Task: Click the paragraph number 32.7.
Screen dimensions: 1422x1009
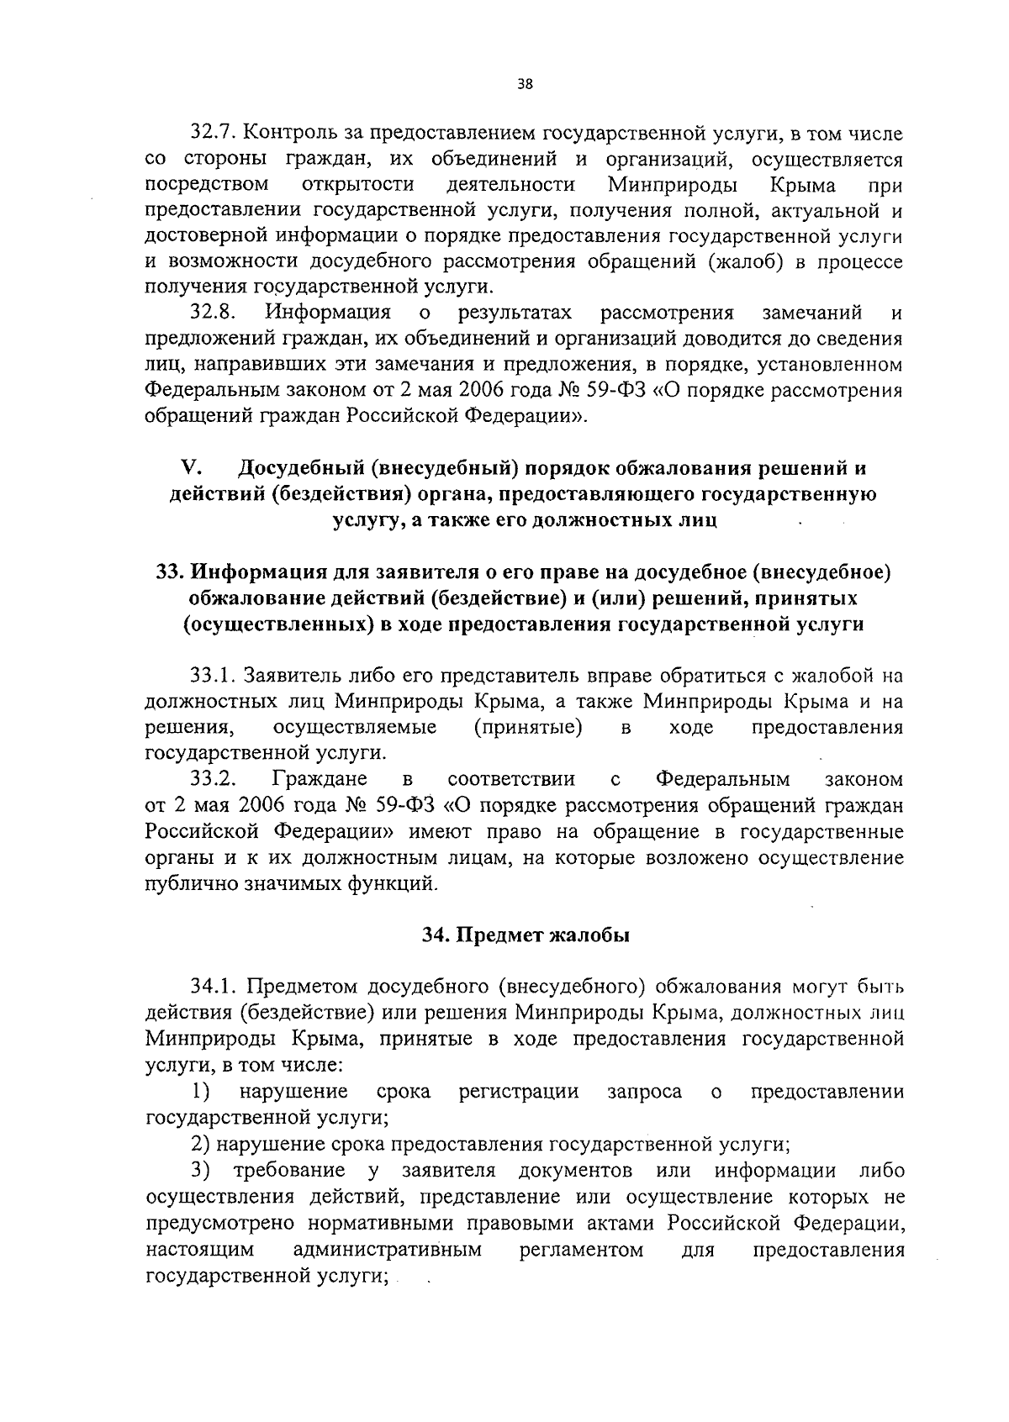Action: (214, 132)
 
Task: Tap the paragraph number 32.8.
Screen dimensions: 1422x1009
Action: (214, 313)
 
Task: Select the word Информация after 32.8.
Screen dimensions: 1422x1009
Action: (329, 313)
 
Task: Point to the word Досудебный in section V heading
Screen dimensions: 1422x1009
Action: (304, 467)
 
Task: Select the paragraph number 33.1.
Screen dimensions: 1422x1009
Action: (214, 675)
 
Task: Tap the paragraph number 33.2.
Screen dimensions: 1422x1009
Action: (214, 780)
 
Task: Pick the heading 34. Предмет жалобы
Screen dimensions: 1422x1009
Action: (525, 935)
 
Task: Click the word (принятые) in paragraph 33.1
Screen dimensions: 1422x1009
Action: (528, 728)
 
